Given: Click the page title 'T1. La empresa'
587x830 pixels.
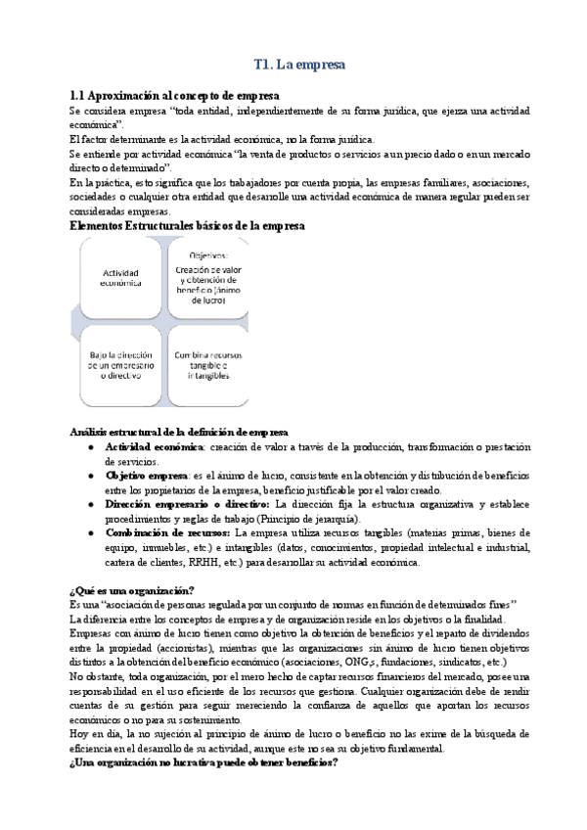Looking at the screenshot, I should coord(298,66).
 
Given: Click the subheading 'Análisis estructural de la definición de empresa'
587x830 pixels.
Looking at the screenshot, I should coord(179,432).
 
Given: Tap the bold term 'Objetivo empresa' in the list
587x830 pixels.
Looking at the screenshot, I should coord(147,475).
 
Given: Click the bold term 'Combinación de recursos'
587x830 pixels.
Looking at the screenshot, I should coord(167,533).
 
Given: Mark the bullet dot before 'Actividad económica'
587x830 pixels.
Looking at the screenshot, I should coord(91,446).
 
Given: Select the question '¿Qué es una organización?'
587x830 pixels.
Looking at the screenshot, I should coord(131,589).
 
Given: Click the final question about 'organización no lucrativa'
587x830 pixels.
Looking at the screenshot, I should coord(203,762).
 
